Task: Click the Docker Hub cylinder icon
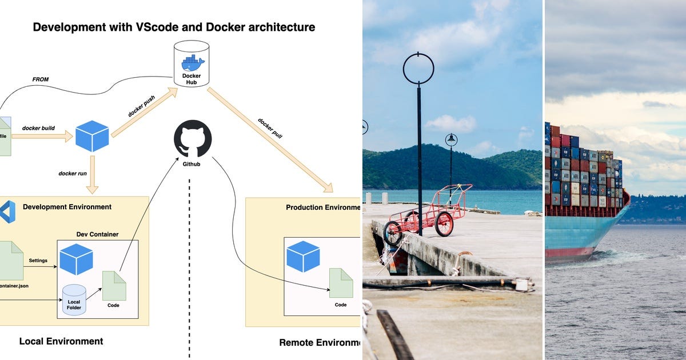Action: click(x=192, y=63)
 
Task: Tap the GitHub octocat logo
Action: click(x=193, y=138)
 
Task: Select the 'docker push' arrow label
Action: click(x=142, y=106)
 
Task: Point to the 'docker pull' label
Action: click(x=270, y=129)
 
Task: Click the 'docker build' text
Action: click(x=38, y=128)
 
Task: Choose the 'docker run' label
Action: click(x=73, y=173)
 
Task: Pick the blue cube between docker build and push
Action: click(x=92, y=136)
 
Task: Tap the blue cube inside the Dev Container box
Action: click(x=76, y=259)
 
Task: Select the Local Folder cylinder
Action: click(x=74, y=300)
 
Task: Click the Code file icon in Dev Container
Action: click(x=114, y=286)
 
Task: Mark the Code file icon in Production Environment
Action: click(x=341, y=283)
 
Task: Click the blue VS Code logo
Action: click(x=7, y=211)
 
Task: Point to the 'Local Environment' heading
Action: click(x=61, y=341)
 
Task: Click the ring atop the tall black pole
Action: click(x=418, y=69)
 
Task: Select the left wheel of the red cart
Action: click(x=393, y=233)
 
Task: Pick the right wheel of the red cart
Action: click(x=444, y=223)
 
